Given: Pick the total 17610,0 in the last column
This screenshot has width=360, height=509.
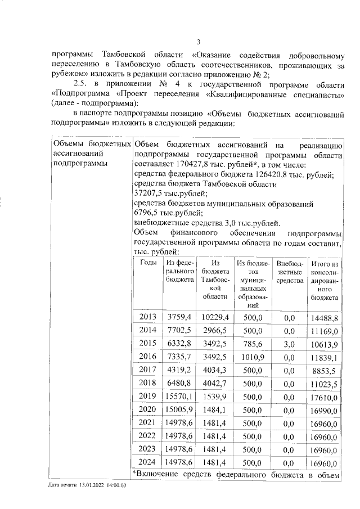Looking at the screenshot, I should click(x=323, y=395).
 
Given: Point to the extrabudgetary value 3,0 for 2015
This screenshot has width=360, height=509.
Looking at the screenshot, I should click(x=290, y=343).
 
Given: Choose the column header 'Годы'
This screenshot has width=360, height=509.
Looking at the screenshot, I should click(x=148, y=263).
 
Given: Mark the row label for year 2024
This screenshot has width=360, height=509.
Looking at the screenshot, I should click(x=148, y=462).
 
